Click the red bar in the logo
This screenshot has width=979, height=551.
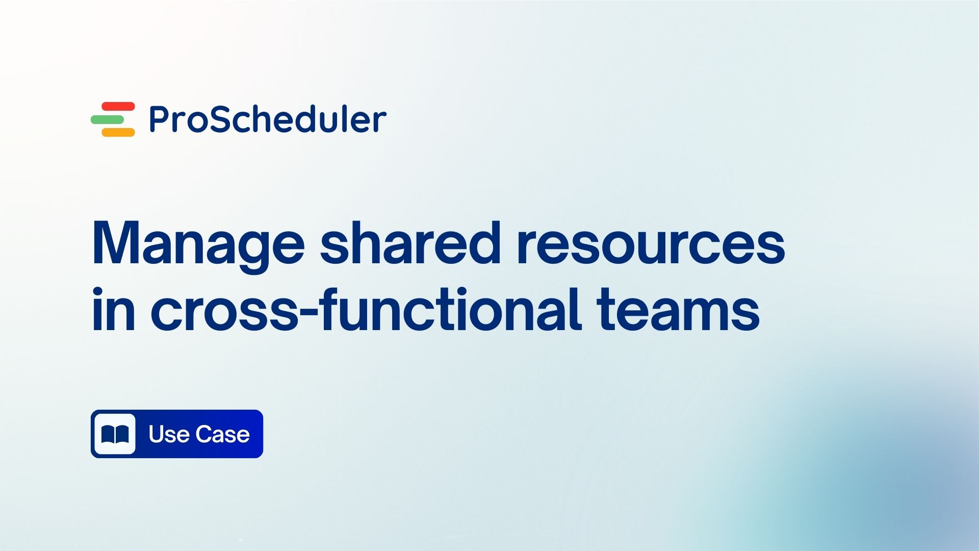click(118, 106)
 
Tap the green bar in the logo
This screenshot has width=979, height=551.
click(108, 119)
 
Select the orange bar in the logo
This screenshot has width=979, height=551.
click(118, 132)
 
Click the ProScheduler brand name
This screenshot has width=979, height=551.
click(268, 119)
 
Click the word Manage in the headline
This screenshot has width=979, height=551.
click(198, 244)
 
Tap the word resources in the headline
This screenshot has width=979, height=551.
click(651, 244)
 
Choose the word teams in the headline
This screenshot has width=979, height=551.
click(678, 310)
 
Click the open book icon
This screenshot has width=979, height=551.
click(115, 434)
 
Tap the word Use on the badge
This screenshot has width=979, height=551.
click(169, 434)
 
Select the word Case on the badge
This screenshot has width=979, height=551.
click(223, 434)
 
